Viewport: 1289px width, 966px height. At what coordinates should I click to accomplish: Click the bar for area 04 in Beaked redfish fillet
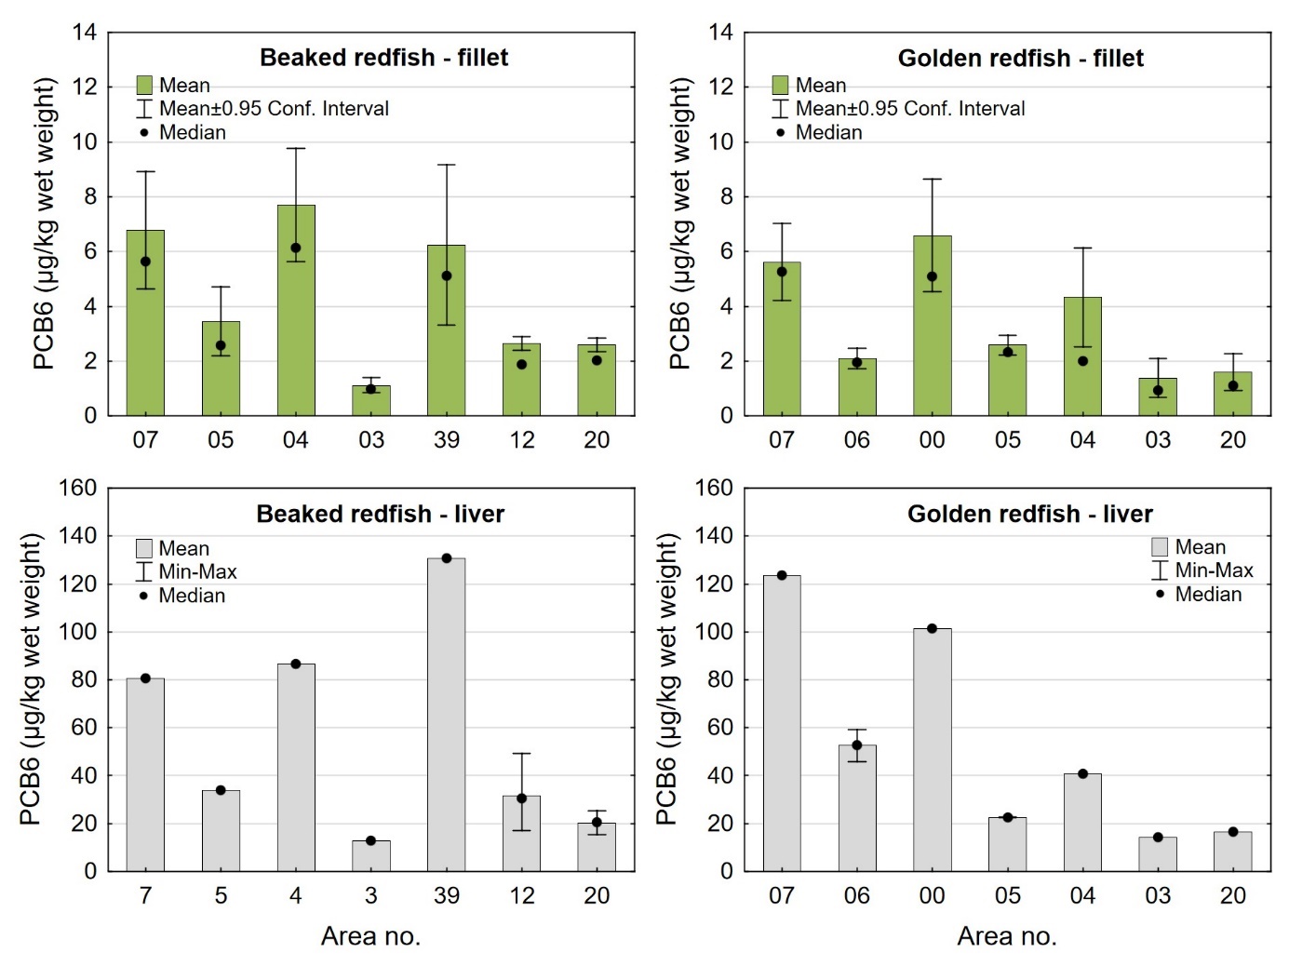point(296,316)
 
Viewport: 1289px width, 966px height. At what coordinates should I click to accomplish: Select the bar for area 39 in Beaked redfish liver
point(447,717)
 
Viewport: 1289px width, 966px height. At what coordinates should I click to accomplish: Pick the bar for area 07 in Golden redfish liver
point(782,726)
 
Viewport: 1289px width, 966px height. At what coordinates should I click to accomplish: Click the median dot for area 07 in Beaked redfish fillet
point(145,262)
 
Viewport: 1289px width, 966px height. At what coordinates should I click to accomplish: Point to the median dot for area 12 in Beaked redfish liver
point(522,798)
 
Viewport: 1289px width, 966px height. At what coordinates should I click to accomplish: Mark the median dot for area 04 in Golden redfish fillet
point(1082,361)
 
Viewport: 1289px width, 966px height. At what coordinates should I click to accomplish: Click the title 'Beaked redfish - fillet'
point(383,58)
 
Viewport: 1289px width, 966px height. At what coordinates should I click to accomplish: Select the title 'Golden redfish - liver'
point(1029,514)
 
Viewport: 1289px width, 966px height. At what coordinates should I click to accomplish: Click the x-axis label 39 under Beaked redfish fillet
point(447,440)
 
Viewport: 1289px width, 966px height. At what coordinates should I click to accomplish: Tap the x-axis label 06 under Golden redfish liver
point(857,895)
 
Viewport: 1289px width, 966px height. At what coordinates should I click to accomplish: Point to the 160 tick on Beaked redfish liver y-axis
point(78,488)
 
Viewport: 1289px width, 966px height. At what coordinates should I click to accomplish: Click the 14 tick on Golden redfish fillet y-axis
point(720,33)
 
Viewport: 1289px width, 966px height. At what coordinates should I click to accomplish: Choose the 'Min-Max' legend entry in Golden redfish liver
point(1214,570)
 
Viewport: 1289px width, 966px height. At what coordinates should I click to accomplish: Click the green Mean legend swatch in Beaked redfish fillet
point(144,86)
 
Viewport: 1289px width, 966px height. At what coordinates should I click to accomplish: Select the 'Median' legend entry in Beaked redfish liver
point(192,596)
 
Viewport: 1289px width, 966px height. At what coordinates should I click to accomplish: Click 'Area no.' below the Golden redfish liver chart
point(1007,936)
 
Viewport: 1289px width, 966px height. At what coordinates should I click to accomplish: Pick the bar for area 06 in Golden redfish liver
point(857,810)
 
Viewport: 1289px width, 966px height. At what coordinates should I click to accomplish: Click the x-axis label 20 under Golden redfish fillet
point(1233,440)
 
